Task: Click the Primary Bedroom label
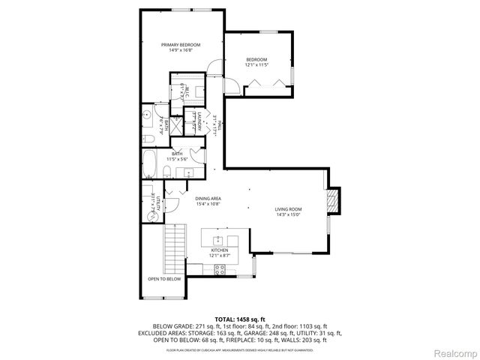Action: pyautogui.click(x=181, y=44)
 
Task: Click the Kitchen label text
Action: pyautogui.click(x=219, y=250)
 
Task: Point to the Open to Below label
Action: pyautogui.click(x=163, y=278)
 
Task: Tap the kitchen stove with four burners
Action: pyautogui.click(x=217, y=268)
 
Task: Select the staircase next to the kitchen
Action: pyautogui.click(x=175, y=244)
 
